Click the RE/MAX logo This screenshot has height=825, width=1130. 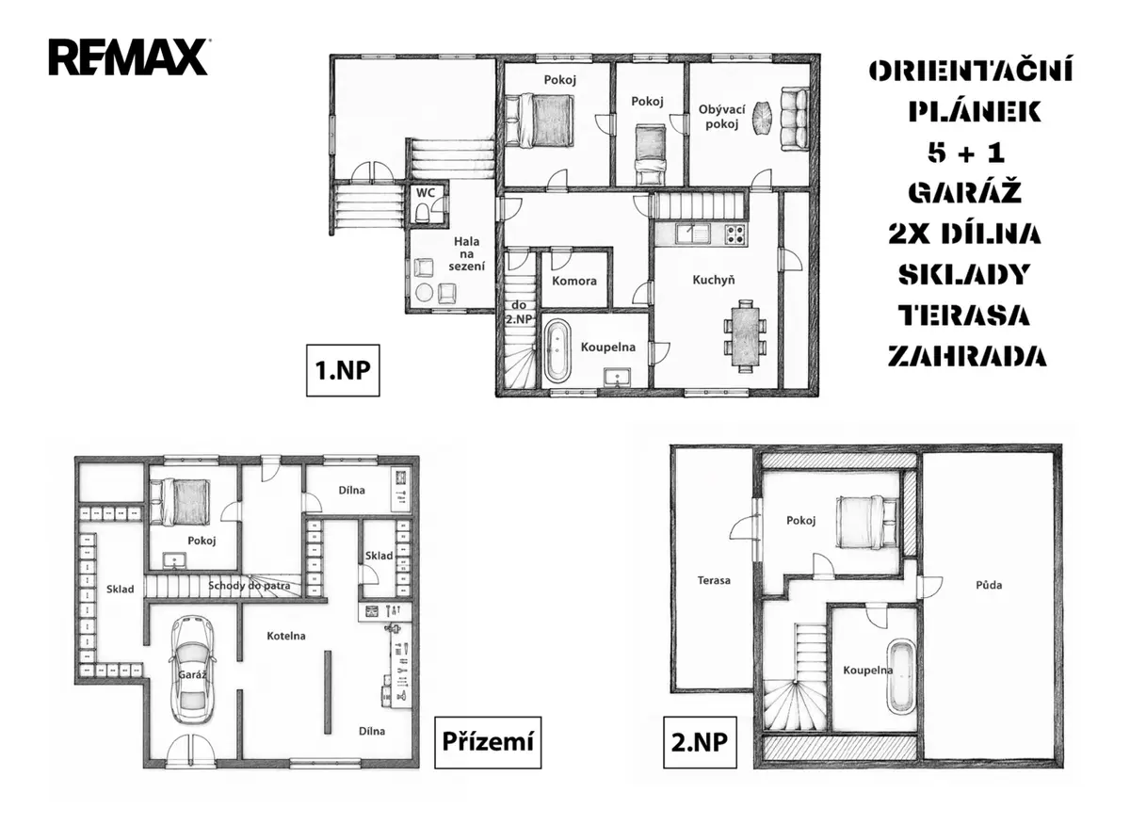pyautogui.click(x=128, y=57)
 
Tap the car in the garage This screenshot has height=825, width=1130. pyautogui.click(x=192, y=671)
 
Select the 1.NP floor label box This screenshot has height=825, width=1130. pyautogui.click(x=343, y=370)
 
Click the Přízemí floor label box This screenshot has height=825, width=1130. pyautogui.click(x=488, y=742)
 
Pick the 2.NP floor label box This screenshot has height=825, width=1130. pyautogui.click(x=700, y=742)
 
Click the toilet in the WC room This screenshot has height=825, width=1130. pyautogui.click(x=422, y=214)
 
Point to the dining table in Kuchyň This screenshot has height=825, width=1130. pyautogui.click(x=745, y=335)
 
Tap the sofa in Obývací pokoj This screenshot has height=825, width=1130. pyautogui.click(x=795, y=119)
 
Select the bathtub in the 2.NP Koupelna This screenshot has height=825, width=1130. pyautogui.click(x=900, y=676)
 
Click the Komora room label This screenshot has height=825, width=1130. pyautogui.click(x=574, y=281)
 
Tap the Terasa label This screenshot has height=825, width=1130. pyautogui.click(x=714, y=580)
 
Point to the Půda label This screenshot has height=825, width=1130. pyautogui.click(x=989, y=586)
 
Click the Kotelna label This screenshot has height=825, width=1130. pyautogui.click(x=286, y=636)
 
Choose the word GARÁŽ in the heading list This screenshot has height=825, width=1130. pyautogui.click(x=964, y=192)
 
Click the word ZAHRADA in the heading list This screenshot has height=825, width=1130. pyautogui.click(x=967, y=357)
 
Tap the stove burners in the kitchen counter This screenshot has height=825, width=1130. pyautogui.click(x=735, y=234)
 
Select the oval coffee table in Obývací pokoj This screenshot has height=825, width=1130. pyautogui.click(x=761, y=119)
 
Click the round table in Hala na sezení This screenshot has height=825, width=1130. pyautogui.click(x=425, y=292)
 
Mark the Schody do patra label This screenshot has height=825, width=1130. pyautogui.click(x=250, y=586)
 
